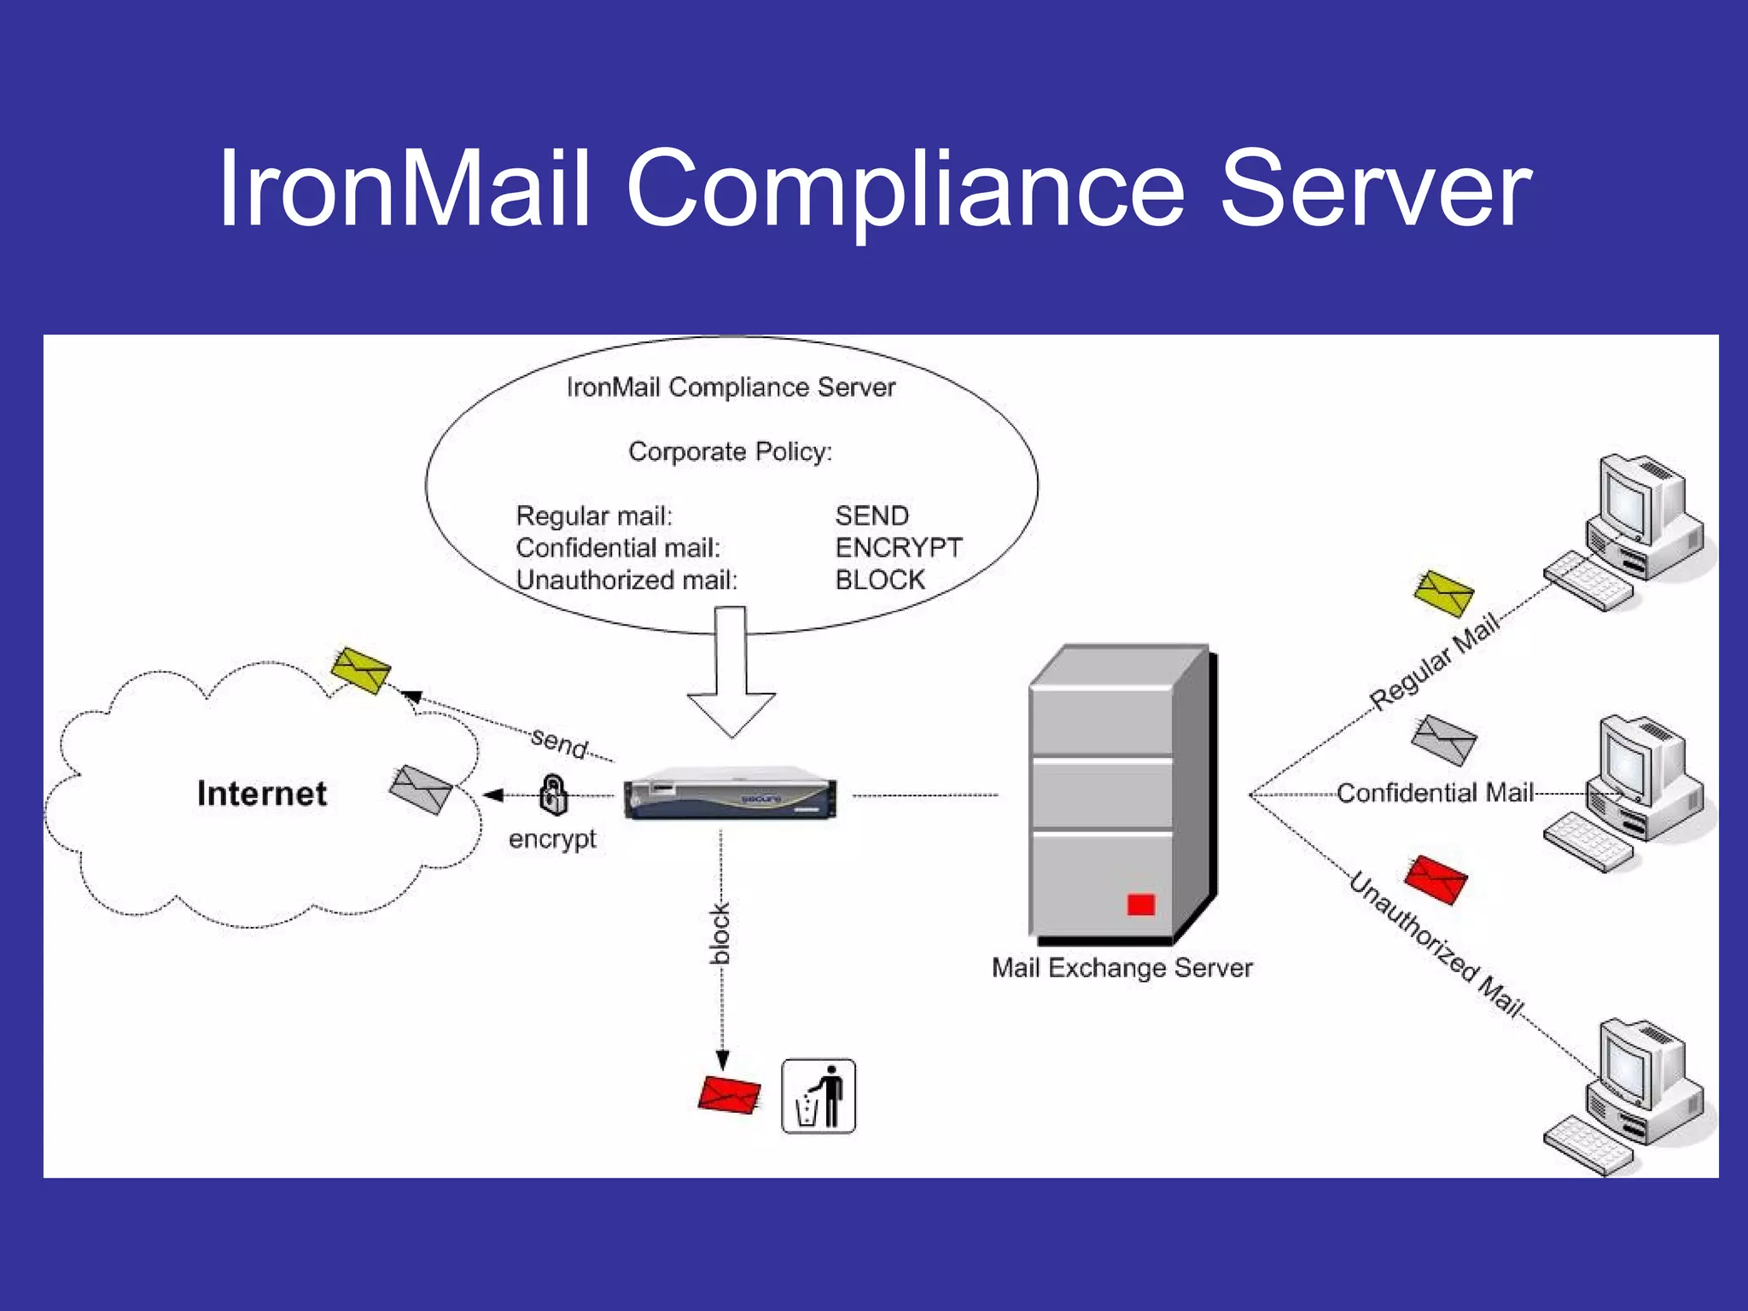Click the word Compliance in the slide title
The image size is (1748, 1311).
pyautogui.click(x=905, y=189)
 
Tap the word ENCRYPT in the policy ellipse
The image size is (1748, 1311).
pyautogui.click(x=898, y=548)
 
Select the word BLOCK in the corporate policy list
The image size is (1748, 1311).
pyautogui.click(x=879, y=580)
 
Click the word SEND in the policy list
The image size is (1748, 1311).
pyautogui.click(x=871, y=516)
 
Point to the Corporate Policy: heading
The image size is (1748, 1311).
pyautogui.click(x=730, y=452)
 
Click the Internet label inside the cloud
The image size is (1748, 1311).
pyautogui.click(x=261, y=794)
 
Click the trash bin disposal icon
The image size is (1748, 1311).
pyautogui.click(x=818, y=1097)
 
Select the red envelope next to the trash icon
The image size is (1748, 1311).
pyautogui.click(x=729, y=1095)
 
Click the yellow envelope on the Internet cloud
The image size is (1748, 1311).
pyautogui.click(x=360, y=670)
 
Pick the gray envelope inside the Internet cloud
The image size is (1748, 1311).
pyautogui.click(x=420, y=789)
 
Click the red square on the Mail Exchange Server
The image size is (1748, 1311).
pyautogui.click(x=1140, y=905)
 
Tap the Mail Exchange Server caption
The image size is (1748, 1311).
pyautogui.click(x=1122, y=969)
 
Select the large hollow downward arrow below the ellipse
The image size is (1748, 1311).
pyautogui.click(x=731, y=674)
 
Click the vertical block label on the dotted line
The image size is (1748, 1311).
pyautogui.click(x=721, y=933)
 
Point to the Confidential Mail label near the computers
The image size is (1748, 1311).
pyautogui.click(x=1435, y=794)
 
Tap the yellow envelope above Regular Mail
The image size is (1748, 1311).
pyautogui.click(x=1443, y=592)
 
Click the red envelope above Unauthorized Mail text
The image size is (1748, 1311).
pyautogui.click(x=1436, y=879)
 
